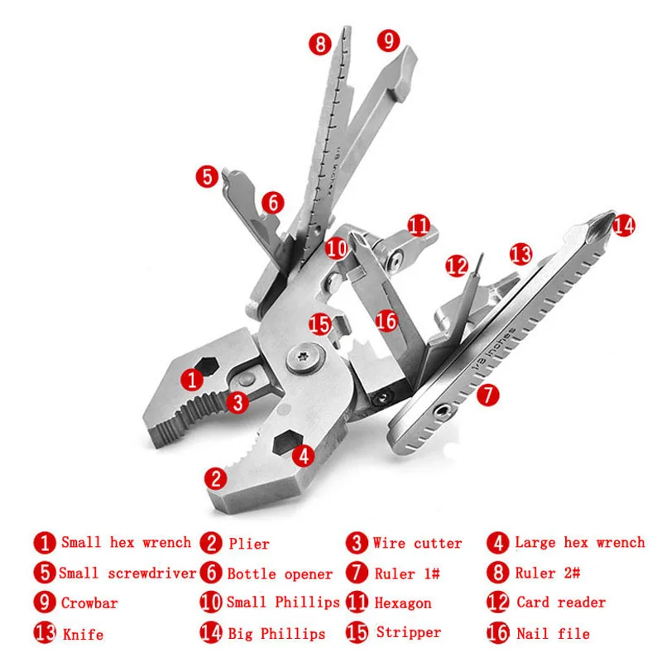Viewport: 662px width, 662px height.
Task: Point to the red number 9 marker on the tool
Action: pos(388,40)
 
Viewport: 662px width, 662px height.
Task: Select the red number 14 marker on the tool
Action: pos(623,224)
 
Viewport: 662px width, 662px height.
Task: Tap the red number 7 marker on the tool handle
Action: pos(489,395)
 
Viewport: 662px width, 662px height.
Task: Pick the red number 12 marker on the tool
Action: pos(456,266)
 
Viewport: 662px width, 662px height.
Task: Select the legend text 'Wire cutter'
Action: pos(417,544)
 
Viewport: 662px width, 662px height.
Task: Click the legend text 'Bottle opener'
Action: pos(280,573)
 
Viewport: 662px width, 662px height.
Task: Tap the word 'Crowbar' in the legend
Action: pos(89,603)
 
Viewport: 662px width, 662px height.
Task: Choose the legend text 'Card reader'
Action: pos(560,602)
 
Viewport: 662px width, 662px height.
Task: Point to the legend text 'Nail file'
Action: pos(553,634)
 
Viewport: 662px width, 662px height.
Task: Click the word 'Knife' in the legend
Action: pos(83,635)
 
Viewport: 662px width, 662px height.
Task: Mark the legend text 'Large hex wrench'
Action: pos(579,543)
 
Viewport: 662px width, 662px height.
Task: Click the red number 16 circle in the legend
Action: pos(498,634)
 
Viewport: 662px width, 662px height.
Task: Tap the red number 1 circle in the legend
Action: pos(45,544)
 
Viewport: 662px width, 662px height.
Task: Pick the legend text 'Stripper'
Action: pos(408,633)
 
